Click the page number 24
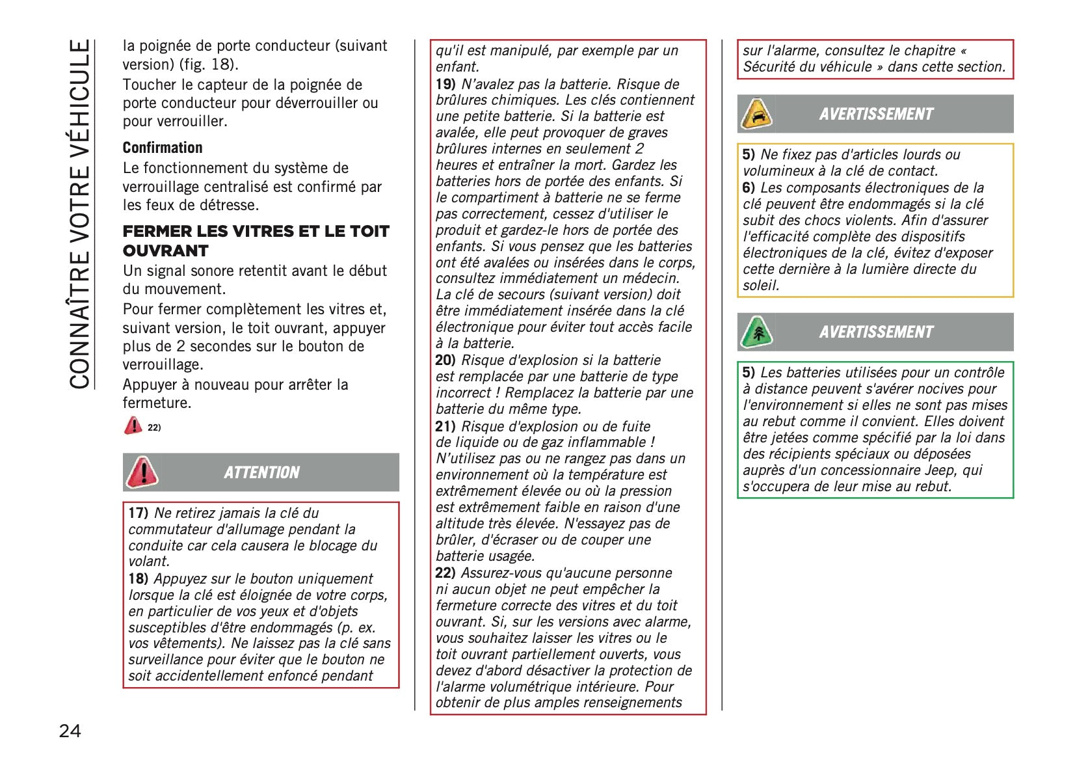pos(70,731)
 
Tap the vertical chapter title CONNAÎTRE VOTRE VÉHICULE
pos(80,214)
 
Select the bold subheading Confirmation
pos(163,148)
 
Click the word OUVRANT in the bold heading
pos(166,251)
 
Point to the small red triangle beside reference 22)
pos(133,426)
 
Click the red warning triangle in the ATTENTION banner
pos(142,472)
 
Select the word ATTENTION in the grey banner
pos(261,472)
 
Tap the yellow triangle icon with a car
pos(757,115)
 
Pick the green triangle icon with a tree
pos(757,332)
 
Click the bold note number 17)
pos(139,513)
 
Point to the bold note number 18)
pos(139,579)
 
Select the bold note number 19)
pos(445,85)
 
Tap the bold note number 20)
pos(445,360)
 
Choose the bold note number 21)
pos(445,427)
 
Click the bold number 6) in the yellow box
pos(749,188)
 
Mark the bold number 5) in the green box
pos(749,373)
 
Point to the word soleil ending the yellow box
pos(761,286)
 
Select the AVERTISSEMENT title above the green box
pos(876,332)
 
